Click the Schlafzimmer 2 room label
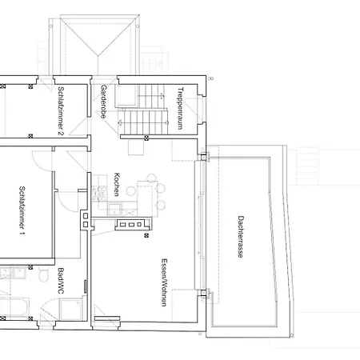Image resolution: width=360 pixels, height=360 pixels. [61, 111]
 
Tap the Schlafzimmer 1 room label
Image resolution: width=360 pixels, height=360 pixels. [22, 211]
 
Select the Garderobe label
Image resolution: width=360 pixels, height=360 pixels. [104, 102]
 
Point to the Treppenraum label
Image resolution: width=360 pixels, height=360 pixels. [181, 108]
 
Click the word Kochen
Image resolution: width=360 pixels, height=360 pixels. [117, 184]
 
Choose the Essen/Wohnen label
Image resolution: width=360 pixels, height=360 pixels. [164, 282]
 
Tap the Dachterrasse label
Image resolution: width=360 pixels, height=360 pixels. [241, 237]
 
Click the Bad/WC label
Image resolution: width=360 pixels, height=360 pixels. [61, 281]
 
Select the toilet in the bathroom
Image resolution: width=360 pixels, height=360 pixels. [44, 274]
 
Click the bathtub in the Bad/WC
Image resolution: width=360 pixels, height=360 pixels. [14, 306]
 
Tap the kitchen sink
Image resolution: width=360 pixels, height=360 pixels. [114, 209]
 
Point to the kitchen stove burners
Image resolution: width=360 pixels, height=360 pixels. [99, 194]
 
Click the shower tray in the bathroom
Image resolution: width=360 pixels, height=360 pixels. [70, 309]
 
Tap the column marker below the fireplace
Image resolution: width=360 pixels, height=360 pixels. [146, 235]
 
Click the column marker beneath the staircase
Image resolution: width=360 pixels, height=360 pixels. [146, 138]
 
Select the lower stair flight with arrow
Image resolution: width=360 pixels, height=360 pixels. [143, 122]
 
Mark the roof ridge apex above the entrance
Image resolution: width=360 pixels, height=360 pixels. [98, 55]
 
